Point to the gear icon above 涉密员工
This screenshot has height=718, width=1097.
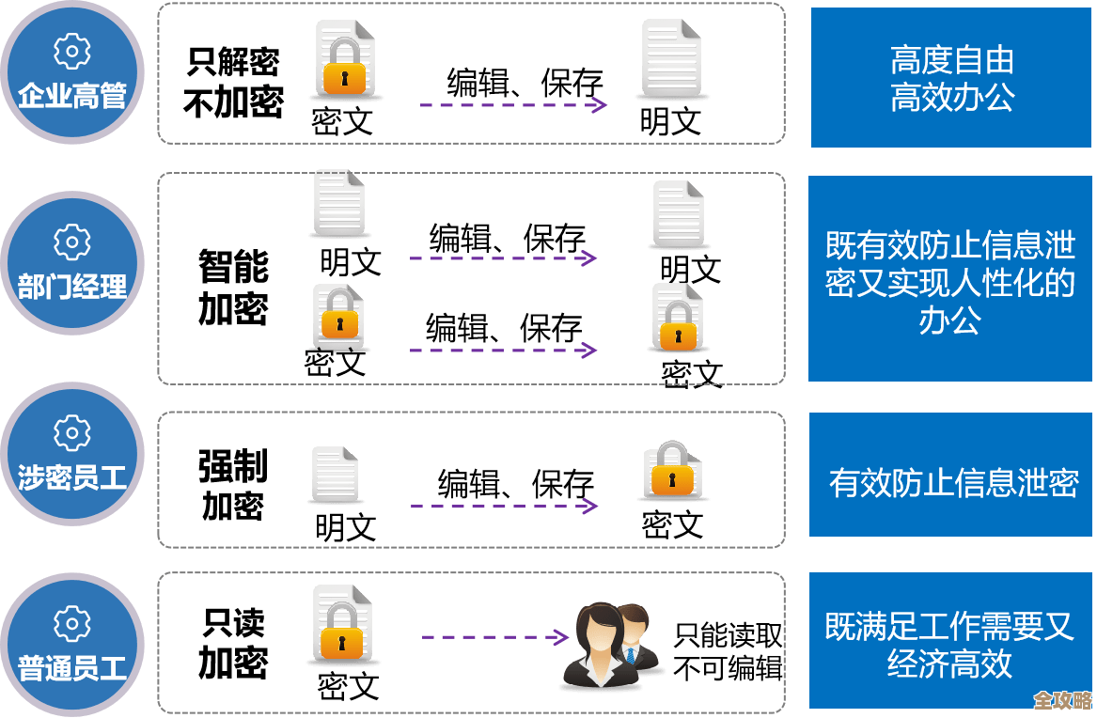[71, 433]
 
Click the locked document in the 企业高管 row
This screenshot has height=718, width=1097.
[344, 59]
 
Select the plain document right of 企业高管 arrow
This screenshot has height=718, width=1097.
[671, 58]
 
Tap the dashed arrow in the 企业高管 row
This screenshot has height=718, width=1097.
[513, 105]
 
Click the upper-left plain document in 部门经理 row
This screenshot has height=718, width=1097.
[338, 202]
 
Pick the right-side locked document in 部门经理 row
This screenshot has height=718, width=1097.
[678, 318]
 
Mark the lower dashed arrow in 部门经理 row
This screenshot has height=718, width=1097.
[503, 351]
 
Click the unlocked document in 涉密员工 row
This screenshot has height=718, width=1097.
[335, 473]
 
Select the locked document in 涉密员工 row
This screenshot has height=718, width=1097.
[672, 470]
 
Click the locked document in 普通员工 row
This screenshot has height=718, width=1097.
[342, 623]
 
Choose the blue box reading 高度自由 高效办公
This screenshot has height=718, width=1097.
[951, 78]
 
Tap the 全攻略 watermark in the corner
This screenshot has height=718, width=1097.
[1062, 701]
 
